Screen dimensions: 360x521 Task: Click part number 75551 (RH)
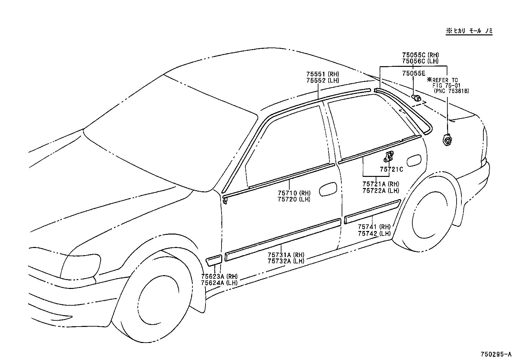click(x=322, y=74)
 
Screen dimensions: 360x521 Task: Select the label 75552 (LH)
click(x=322, y=81)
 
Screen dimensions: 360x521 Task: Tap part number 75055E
click(x=414, y=74)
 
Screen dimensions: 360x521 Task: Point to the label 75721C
click(x=391, y=169)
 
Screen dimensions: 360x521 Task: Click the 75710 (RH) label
click(x=294, y=193)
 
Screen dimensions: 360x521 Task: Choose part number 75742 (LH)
click(x=374, y=234)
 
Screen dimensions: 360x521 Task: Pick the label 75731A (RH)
click(x=286, y=255)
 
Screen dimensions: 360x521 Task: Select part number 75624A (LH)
click(x=219, y=283)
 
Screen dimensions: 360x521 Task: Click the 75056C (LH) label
click(x=420, y=61)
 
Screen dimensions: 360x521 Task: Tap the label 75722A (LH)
click(x=381, y=191)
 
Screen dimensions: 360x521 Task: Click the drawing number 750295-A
click(x=495, y=354)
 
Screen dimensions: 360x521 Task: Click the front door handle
click(x=327, y=190)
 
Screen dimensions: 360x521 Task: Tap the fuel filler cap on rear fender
click(x=447, y=141)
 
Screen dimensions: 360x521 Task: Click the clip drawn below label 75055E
click(x=416, y=97)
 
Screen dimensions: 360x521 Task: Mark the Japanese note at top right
click(x=469, y=31)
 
